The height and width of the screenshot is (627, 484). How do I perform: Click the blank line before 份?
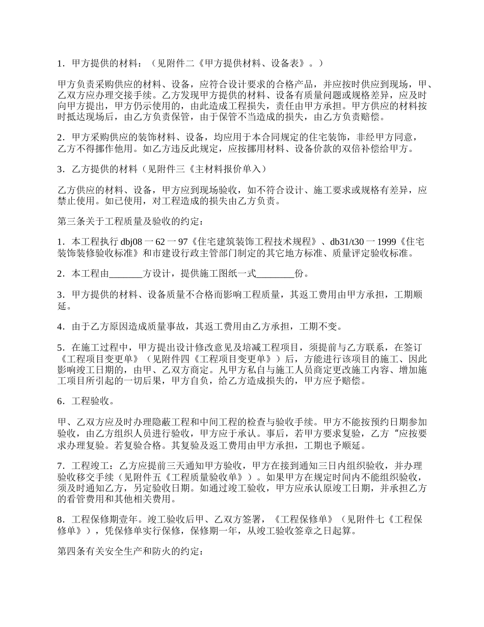click(275, 274)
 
